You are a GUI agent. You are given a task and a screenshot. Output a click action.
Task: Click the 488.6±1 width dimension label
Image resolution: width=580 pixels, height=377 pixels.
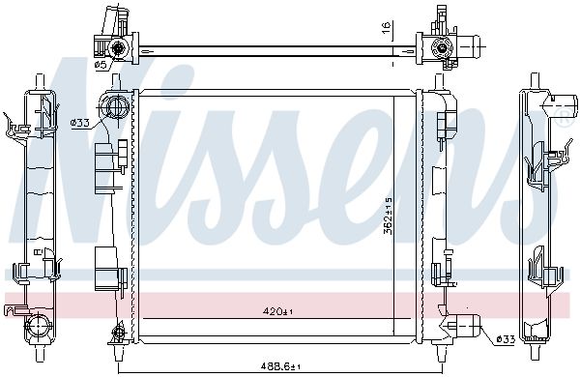(280, 366)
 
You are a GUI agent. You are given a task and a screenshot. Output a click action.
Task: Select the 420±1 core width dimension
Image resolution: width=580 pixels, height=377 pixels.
(277, 311)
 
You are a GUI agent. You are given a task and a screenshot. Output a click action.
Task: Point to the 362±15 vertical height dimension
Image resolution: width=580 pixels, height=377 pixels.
(388, 216)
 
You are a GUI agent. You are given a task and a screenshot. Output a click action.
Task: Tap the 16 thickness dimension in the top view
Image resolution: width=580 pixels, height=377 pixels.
(386, 28)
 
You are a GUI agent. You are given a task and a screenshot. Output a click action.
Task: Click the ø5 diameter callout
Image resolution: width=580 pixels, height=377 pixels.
(101, 65)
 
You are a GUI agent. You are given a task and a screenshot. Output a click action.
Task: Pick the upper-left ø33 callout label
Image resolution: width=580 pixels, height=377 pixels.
(80, 123)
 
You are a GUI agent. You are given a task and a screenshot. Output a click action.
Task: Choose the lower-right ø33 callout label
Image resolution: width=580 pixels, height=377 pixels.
(506, 339)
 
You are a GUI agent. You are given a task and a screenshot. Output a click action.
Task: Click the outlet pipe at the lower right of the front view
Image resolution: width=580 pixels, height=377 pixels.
(463, 326)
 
